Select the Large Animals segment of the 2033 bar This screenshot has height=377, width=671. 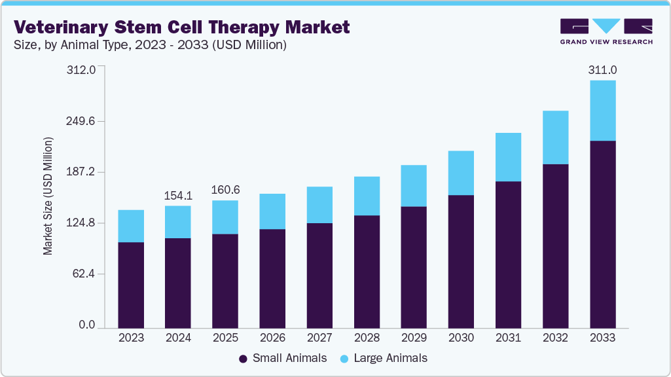coord(603,110)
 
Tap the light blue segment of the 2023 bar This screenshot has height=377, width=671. coord(131,226)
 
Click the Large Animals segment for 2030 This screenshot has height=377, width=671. coord(461,173)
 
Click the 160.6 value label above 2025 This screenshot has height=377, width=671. coord(225,190)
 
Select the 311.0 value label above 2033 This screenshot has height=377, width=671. coord(603,69)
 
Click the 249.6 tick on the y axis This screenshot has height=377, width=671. coord(82,121)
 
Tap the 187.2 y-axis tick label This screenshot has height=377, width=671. coord(82,171)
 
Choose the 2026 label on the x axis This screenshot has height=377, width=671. coord(272,338)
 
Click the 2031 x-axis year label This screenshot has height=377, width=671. coord(508,338)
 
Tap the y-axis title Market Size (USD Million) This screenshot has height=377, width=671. coord(48,197)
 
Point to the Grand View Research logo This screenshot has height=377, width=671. coord(606,31)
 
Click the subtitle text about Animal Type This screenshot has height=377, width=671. coord(150,45)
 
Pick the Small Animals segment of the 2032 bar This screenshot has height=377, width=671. coord(555,245)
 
